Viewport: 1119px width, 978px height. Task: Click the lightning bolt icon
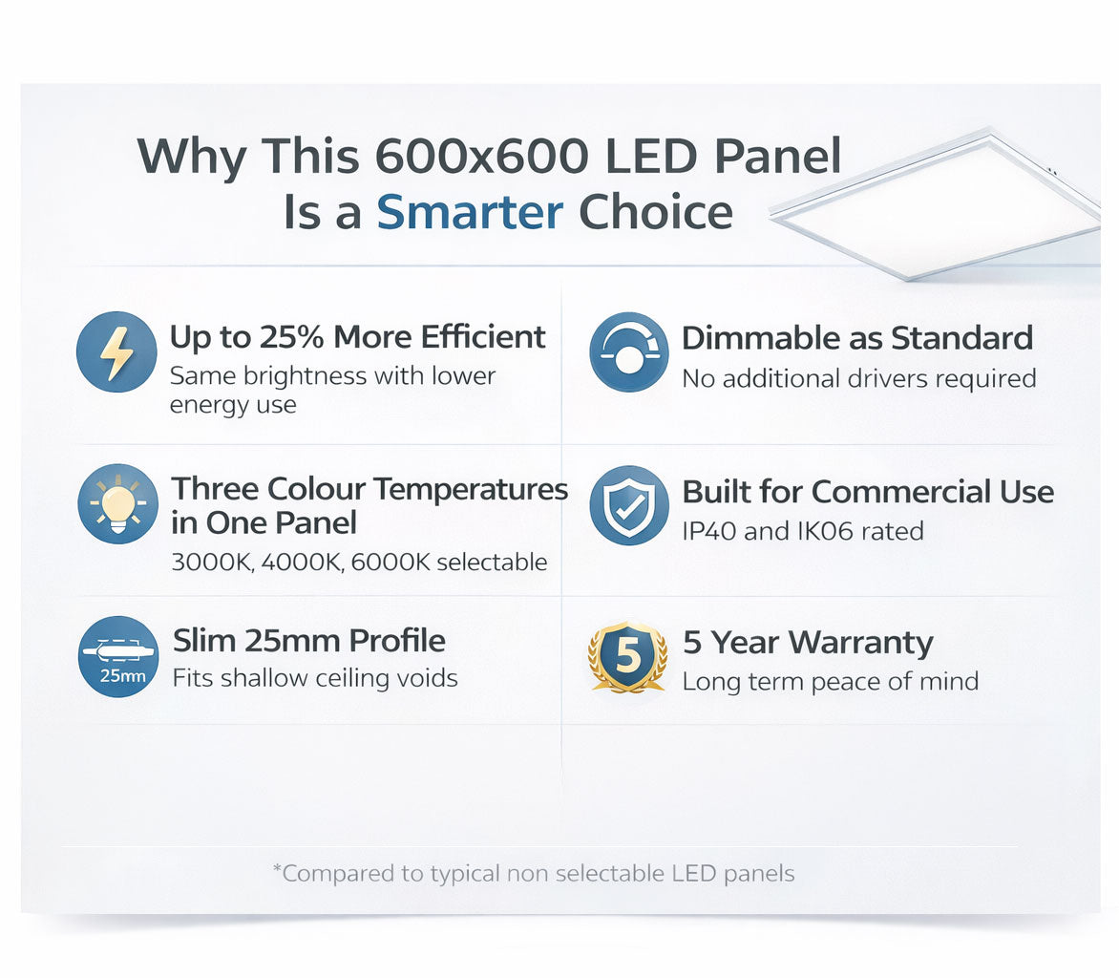(116, 351)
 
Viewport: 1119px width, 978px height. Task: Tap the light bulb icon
(117, 503)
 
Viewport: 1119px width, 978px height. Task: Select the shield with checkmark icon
(628, 505)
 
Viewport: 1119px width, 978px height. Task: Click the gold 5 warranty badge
(627, 657)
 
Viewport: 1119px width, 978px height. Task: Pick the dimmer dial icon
(628, 351)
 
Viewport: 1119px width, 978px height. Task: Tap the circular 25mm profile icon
(117, 657)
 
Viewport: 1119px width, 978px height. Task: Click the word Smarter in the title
(470, 212)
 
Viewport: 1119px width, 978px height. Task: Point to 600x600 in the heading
(480, 156)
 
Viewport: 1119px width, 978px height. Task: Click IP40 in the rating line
(708, 531)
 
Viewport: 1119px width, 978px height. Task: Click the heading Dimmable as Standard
(856, 338)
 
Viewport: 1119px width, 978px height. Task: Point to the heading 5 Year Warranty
(807, 643)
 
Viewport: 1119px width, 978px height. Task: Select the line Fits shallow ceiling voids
(314, 679)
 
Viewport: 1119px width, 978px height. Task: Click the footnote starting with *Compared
(533, 873)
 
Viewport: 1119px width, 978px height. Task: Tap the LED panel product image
(940, 205)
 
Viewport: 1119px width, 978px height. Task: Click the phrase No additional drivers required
(857, 379)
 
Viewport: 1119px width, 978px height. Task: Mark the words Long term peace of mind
(830, 682)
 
